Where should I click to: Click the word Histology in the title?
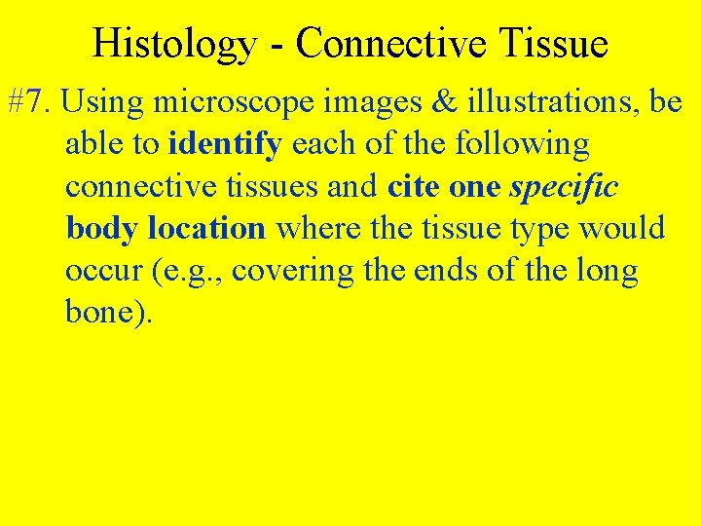click(173, 44)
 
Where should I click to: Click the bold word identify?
click(226, 145)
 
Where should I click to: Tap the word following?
click(526, 145)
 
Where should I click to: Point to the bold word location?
click(207, 229)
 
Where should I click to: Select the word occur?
click(104, 271)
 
